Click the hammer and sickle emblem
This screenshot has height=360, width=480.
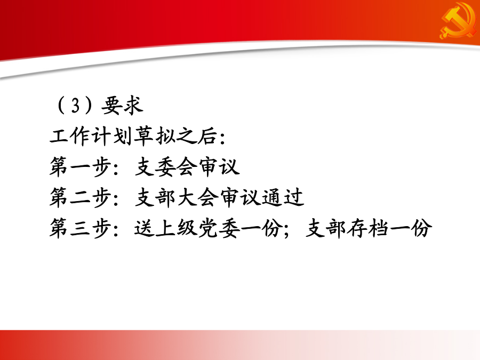458,21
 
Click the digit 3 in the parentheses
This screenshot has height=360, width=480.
75,106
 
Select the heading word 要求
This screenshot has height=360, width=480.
122,106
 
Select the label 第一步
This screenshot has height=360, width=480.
80,167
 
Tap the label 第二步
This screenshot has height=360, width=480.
80,197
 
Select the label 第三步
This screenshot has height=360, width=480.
80,228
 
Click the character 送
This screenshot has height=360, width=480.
144,228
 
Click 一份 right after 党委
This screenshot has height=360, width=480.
261,228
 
